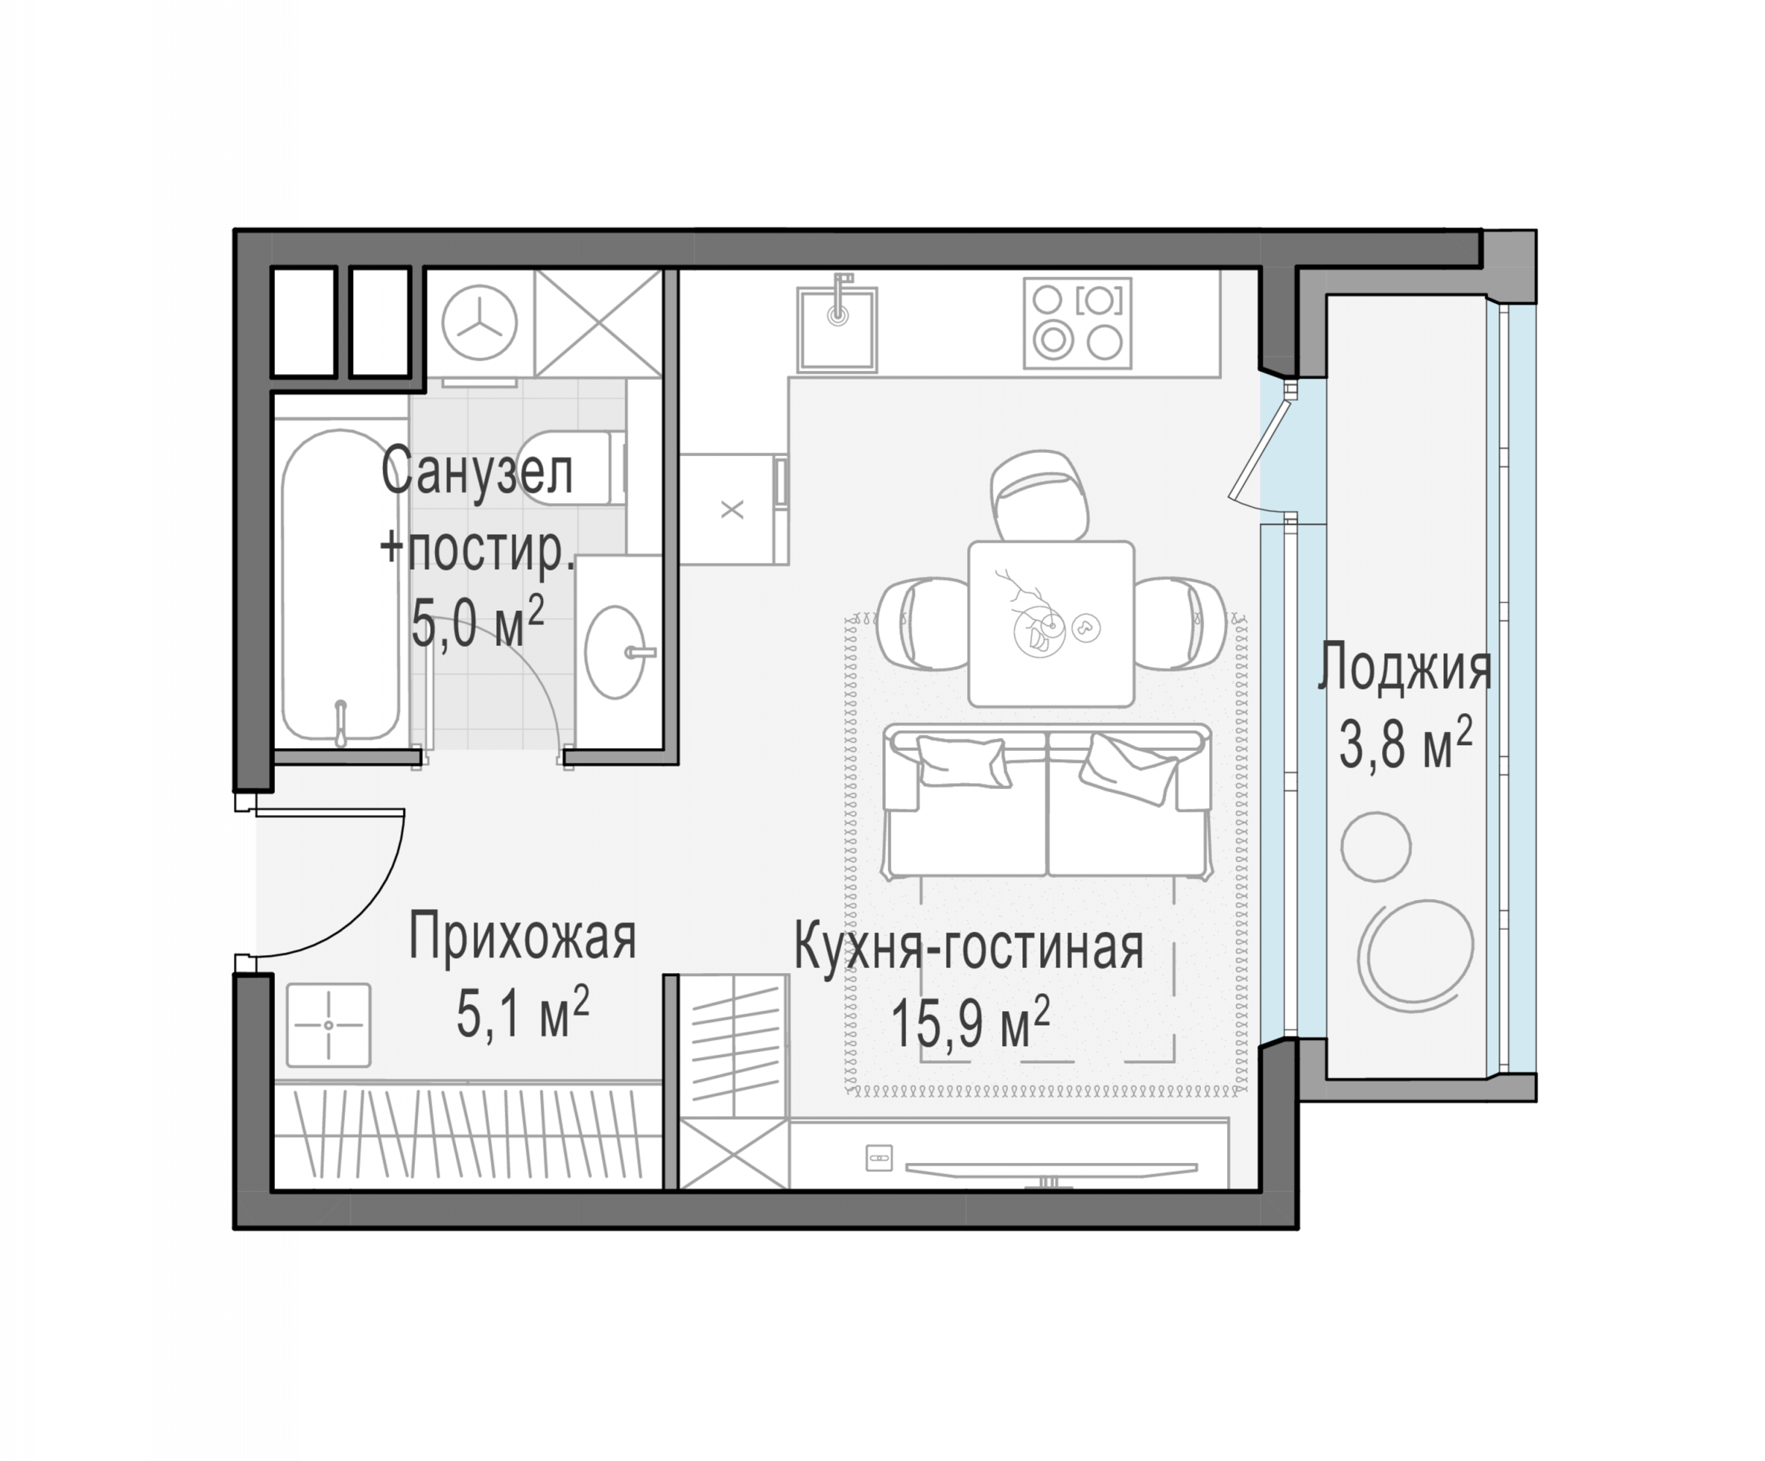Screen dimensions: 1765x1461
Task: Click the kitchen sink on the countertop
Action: [837, 329]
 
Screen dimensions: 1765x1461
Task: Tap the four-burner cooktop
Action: [1077, 324]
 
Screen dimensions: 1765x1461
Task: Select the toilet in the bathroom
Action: [572, 468]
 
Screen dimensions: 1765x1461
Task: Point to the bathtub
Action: [340, 587]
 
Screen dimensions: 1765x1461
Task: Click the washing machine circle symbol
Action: [479, 323]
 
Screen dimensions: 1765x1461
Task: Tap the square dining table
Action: [1051, 623]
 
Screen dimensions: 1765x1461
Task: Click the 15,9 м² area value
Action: [970, 1023]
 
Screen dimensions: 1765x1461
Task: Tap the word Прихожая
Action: [523, 937]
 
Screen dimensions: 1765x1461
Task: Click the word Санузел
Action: [477, 472]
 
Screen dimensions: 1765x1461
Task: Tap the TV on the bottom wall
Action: [1051, 1170]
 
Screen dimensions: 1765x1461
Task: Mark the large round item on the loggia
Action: [1416, 951]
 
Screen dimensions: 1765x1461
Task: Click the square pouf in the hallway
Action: [327, 1025]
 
